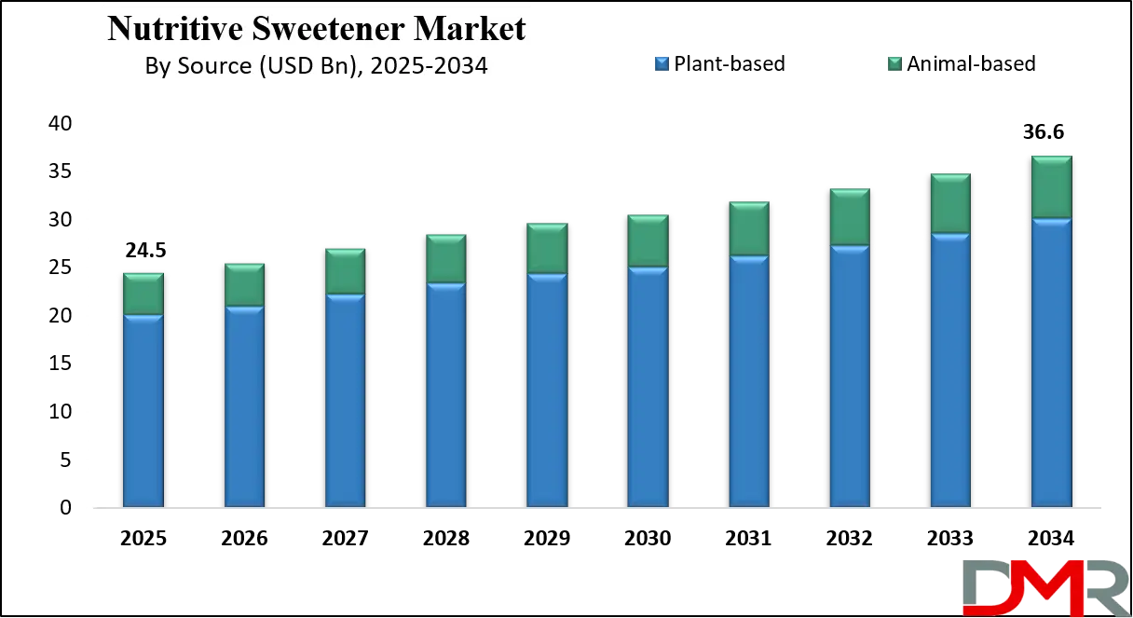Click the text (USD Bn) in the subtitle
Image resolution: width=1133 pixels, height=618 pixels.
(302, 66)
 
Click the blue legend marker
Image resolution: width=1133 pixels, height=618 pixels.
(660, 63)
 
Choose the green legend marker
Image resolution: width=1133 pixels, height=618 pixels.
(894, 63)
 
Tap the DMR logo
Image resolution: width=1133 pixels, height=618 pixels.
(1044, 586)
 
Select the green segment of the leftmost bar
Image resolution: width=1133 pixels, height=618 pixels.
(143, 294)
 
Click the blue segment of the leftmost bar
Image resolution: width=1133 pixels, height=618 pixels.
(143, 410)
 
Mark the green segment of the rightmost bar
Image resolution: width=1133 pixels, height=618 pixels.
(1051, 187)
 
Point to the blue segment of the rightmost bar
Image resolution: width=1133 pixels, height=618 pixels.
(1051, 364)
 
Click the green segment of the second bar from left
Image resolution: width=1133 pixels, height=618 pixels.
(244, 284)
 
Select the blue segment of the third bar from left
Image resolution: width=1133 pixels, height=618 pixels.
(345, 401)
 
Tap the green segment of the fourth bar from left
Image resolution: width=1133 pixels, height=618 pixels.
(445, 258)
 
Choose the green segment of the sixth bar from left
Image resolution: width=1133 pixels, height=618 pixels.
(648, 240)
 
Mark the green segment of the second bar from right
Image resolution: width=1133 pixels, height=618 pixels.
(950, 203)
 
